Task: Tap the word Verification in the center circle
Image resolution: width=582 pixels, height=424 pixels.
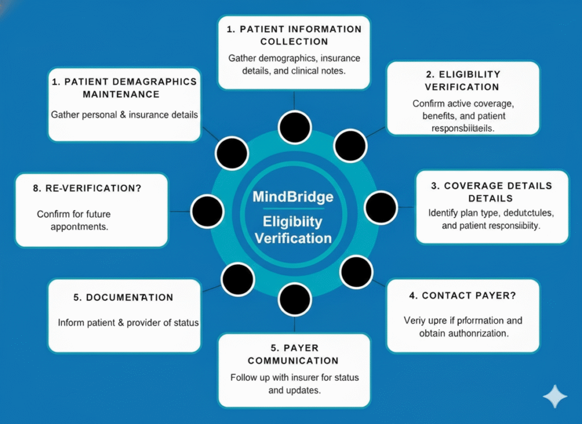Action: [x=293, y=237]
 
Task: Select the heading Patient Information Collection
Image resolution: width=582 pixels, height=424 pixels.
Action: [x=294, y=35]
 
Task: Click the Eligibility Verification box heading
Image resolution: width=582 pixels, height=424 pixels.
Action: [x=463, y=81]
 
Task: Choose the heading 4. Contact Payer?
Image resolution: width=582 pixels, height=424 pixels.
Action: [x=463, y=296]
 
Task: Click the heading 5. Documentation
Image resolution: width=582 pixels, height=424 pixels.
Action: [x=124, y=297]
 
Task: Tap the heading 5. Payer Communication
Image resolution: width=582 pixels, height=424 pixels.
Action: [x=293, y=354]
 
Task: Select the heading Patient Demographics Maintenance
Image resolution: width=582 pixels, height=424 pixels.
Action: [x=124, y=87]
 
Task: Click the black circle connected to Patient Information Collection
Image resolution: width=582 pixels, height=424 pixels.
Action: [x=294, y=127]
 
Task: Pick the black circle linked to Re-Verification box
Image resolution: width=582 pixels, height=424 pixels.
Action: [x=207, y=211]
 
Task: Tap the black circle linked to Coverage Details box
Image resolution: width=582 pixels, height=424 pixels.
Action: [x=381, y=207]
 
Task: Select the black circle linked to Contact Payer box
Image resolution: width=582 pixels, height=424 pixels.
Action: [x=356, y=272]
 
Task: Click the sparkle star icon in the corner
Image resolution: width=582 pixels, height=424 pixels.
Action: [x=554, y=397]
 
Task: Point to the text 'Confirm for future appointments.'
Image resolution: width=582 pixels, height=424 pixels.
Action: [x=74, y=220]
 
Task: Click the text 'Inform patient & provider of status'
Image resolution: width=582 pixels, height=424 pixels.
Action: [x=128, y=322]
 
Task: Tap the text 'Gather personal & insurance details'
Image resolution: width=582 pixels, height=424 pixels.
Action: [x=124, y=115]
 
